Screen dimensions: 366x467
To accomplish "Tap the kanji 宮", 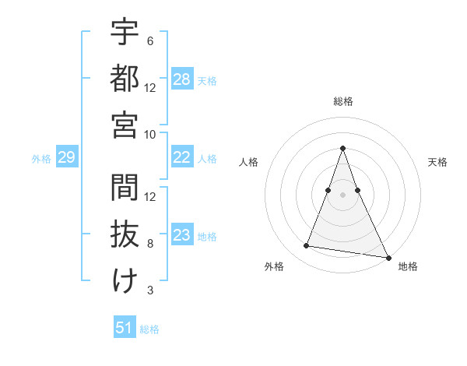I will click(125, 123).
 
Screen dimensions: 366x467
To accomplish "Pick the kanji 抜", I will click(125, 234).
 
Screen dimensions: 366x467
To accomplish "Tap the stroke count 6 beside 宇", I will click(149, 41).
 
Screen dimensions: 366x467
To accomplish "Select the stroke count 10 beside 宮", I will click(150, 134).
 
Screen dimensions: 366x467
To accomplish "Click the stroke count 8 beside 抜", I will click(150, 244).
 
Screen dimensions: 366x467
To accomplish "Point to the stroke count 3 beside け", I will click(149, 290).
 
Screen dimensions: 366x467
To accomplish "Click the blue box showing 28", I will click(182, 79).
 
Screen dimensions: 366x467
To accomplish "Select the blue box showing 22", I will click(182, 158).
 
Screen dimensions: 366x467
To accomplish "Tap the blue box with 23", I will click(182, 235).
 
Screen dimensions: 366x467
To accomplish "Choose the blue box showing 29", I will click(66, 158).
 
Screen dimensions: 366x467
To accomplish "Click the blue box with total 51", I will click(125, 328).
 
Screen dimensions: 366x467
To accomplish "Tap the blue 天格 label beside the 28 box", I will click(207, 80).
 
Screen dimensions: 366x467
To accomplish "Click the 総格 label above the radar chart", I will click(342, 101).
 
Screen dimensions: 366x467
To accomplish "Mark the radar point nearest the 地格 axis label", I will click(388, 256).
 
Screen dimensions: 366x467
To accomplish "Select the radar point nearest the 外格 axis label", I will click(307, 246).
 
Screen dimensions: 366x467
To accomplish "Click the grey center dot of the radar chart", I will click(342, 183).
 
